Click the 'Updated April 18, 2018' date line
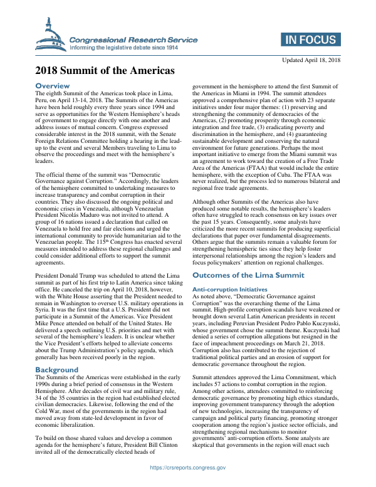point(311,60)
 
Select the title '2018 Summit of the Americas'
point(105,70)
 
